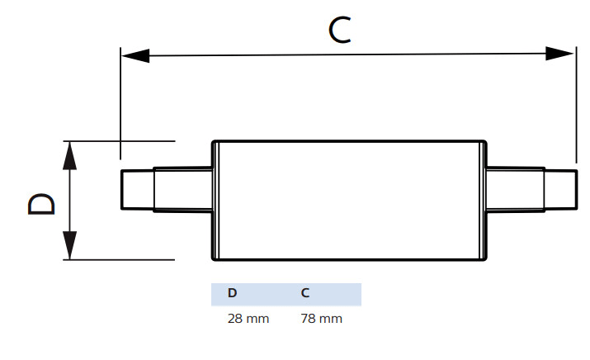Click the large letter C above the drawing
(342, 30)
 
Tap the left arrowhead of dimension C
(135, 55)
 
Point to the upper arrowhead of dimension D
(70, 154)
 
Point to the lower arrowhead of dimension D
(70, 246)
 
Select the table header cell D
(232, 294)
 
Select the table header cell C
(305, 294)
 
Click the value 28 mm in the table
(248, 319)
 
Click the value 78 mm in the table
(322, 319)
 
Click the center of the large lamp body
(349, 201)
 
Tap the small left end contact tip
(137, 190)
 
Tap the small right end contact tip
(559, 190)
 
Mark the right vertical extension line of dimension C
(575, 107)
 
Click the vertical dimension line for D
(70, 201)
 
